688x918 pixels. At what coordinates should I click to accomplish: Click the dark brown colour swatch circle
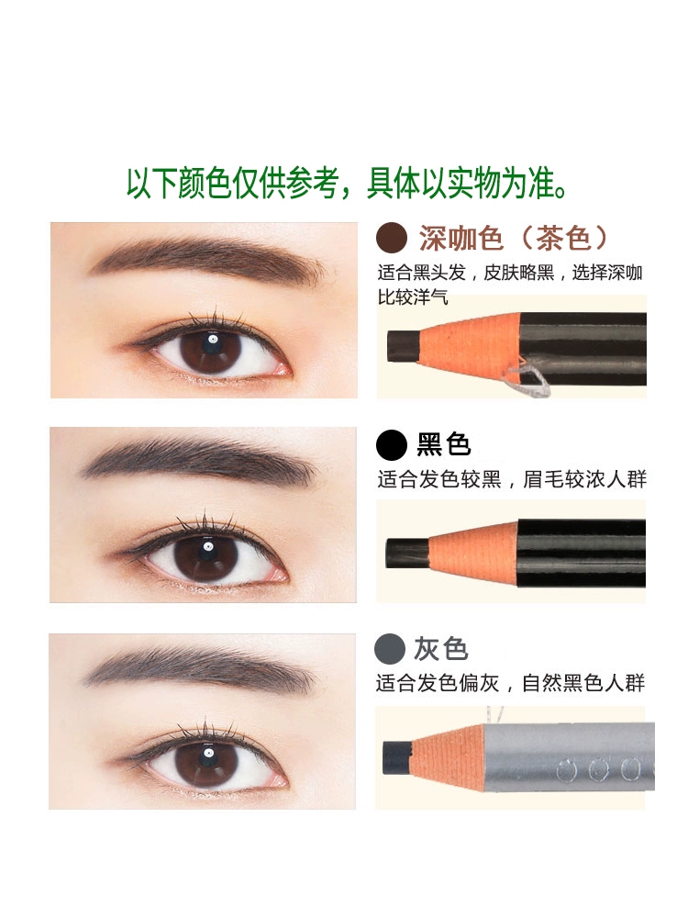click(x=392, y=239)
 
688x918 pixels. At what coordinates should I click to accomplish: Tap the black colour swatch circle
click(x=392, y=444)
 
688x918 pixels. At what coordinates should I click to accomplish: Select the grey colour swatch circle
click(x=390, y=649)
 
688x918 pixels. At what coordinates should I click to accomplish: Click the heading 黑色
click(x=443, y=444)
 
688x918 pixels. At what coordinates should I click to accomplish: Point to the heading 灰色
click(x=441, y=649)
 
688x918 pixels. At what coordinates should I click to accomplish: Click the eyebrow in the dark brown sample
click(x=207, y=259)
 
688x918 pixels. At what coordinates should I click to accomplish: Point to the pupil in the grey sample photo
click(x=205, y=756)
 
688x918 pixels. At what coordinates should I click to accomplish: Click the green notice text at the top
click(x=347, y=184)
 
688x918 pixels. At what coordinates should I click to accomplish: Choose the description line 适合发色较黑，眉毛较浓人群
click(x=512, y=479)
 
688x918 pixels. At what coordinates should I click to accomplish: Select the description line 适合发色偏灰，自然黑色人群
click(x=510, y=683)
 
